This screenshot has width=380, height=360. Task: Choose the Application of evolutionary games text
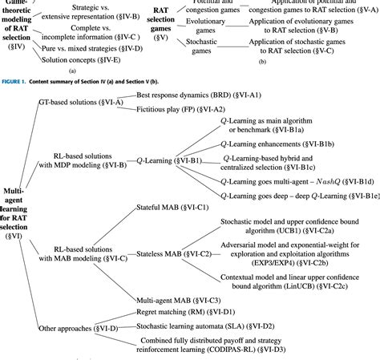click(x=305, y=25)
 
